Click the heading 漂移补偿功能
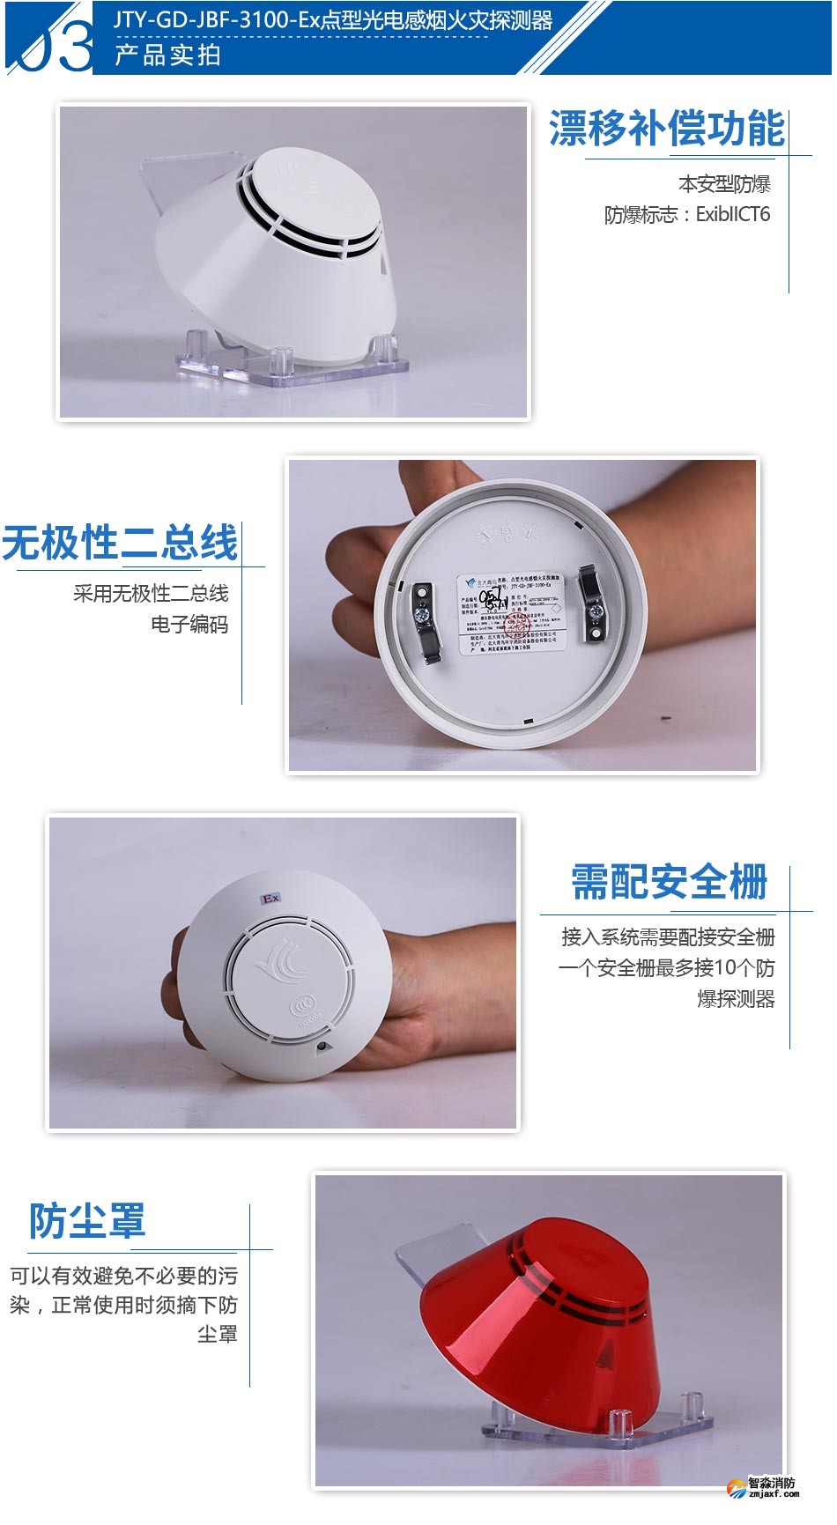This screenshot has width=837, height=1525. [x=666, y=130]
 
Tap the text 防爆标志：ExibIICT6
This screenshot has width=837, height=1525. [x=687, y=214]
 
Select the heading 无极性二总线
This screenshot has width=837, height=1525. [x=120, y=543]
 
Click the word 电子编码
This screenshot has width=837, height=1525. [x=189, y=625]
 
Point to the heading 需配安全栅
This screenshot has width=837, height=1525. [x=670, y=882]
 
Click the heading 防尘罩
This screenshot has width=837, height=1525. [x=87, y=1221]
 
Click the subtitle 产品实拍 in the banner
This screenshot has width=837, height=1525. [x=167, y=56]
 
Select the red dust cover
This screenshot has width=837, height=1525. [x=537, y=1321]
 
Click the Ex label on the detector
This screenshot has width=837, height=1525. [x=270, y=898]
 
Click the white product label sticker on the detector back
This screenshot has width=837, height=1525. [x=511, y=614]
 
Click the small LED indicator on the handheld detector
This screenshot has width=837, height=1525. [x=322, y=1047]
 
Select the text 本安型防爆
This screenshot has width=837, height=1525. [x=724, y=184]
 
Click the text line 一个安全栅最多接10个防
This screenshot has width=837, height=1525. [x=666, y=968]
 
